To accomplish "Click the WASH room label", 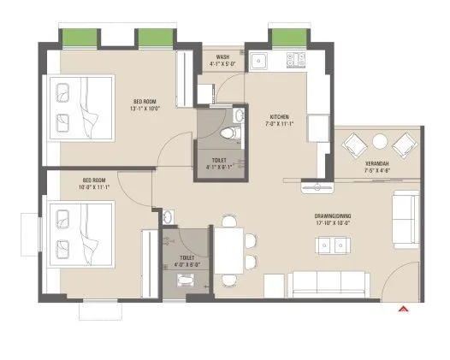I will (x=222, y=57).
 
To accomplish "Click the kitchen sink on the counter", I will (x=260, y=60).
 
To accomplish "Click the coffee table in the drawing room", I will (x=335, y=245).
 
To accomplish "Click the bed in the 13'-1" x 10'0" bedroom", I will (x=80, y=107).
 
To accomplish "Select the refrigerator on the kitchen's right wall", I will (x=317, y=128).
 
